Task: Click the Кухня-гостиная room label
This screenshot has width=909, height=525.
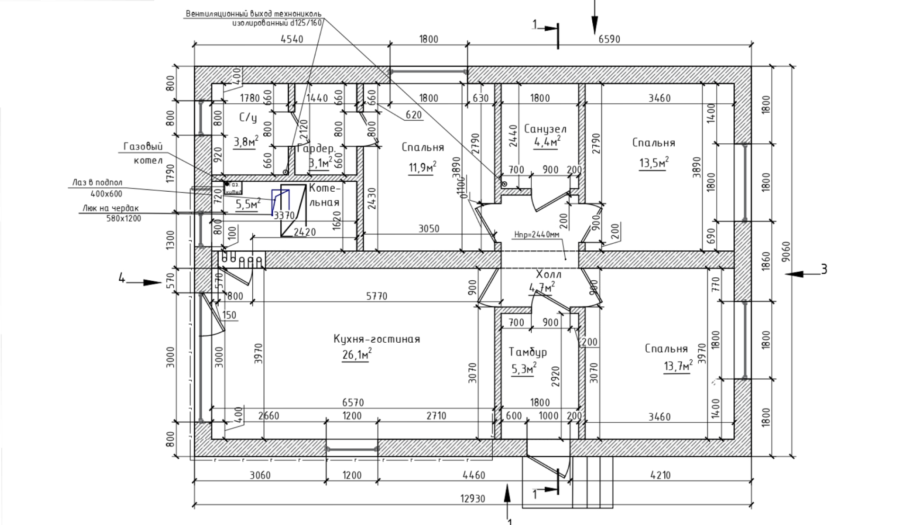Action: coord(376,339)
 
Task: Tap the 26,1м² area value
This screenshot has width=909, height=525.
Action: coord(356,355)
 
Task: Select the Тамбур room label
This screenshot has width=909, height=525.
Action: coord(527,352)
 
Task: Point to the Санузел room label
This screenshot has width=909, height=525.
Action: coord(545,129)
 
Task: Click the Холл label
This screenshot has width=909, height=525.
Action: coord(548,274)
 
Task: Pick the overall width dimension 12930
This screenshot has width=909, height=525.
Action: coord(472,498)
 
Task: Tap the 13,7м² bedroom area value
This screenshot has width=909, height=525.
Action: coord(677,365)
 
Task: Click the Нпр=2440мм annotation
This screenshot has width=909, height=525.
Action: coord(536,234)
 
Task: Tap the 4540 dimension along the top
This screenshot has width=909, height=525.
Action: coord(292,39)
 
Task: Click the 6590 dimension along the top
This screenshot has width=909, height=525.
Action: coord(609,39)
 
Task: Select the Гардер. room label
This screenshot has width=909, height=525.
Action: coord(316,148)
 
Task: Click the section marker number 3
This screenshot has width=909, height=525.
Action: coord(824,269)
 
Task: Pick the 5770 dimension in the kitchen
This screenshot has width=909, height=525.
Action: coord(376,296)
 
